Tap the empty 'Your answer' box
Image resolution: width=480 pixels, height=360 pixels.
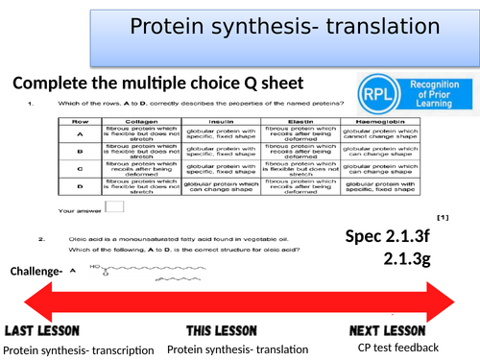(x=113, y=204)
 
